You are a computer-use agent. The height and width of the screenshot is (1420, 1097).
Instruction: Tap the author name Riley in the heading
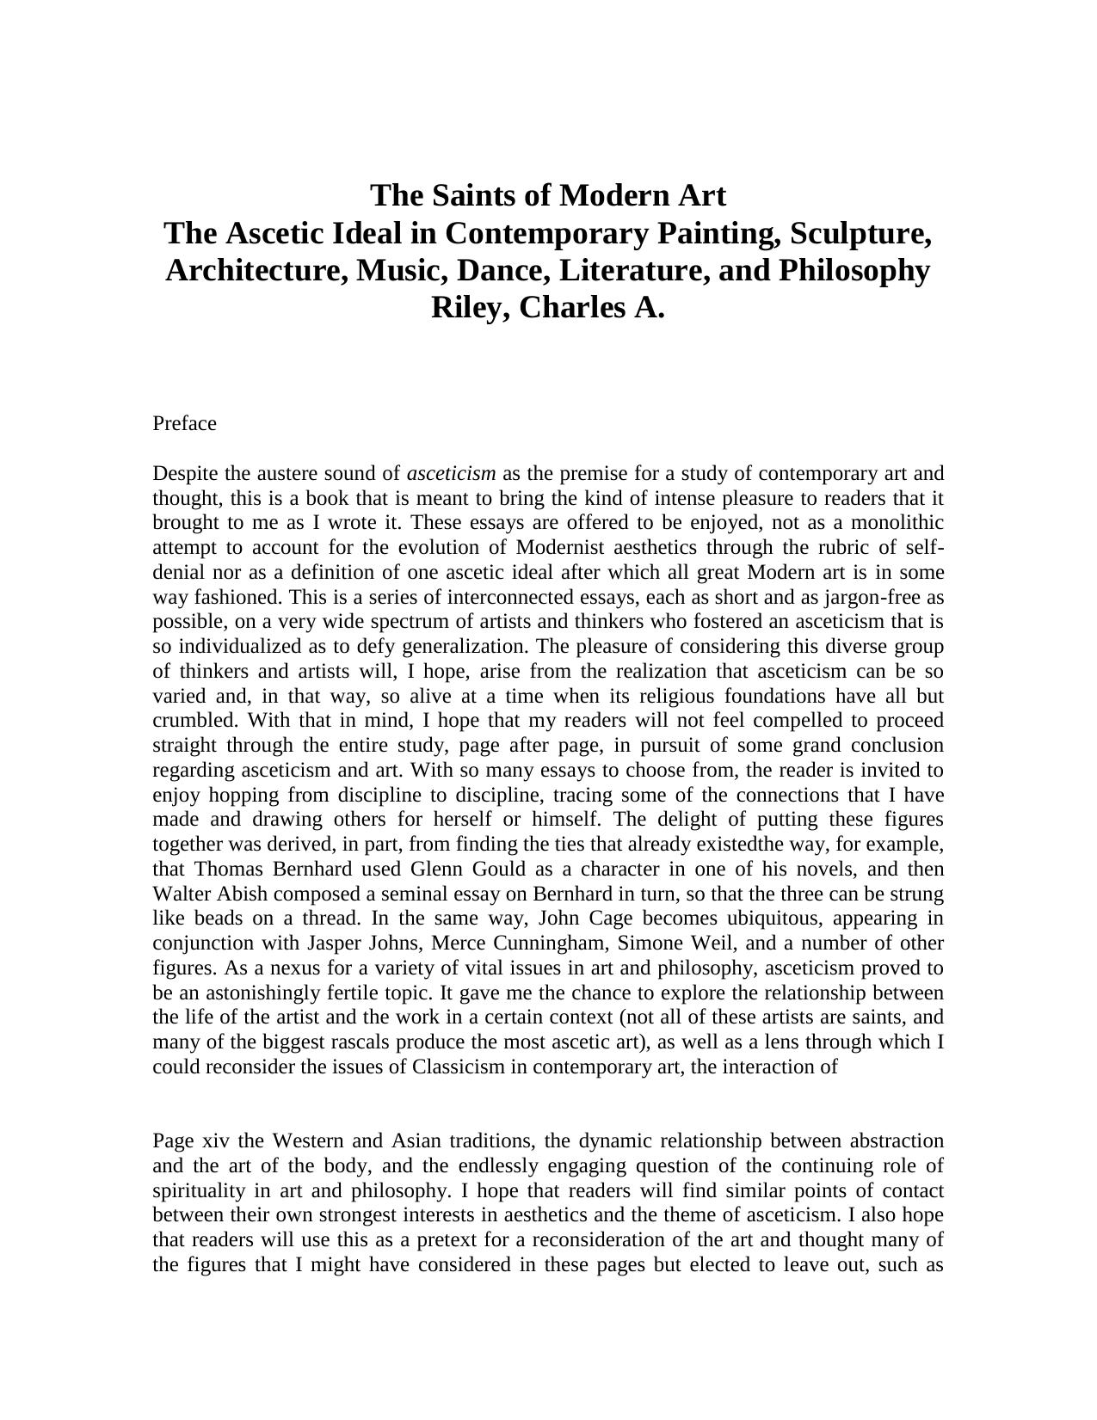[x=467, y=307]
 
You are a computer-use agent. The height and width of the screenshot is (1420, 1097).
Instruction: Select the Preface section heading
[x=184, y=423]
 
